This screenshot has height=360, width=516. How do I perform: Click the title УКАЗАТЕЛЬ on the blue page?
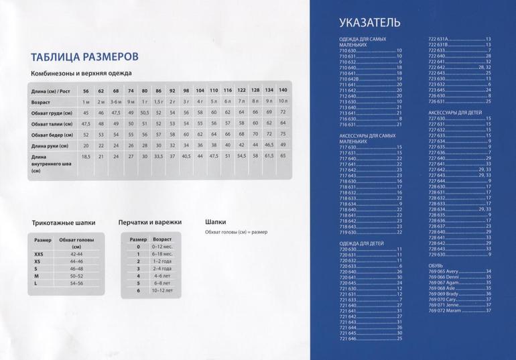click(x=370, y=23)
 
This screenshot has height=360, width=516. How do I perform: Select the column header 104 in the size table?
click(x=200, y=90)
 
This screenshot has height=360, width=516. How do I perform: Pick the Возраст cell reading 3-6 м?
click(x=116, y=101)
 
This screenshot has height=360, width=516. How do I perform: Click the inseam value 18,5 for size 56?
click(x=86, y=156)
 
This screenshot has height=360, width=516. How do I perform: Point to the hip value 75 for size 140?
click(x=283, y=135)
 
